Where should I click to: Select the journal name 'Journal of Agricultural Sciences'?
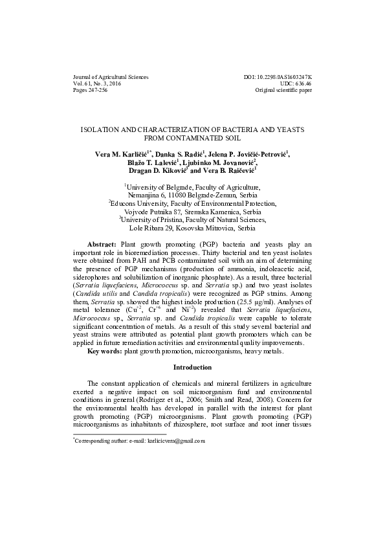coord(111,77)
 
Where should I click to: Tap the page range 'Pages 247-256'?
coord(91,91)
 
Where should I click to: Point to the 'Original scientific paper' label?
coord(284,91)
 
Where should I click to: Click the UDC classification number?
coord(297,84)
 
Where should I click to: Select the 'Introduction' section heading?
coord(192,385)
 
